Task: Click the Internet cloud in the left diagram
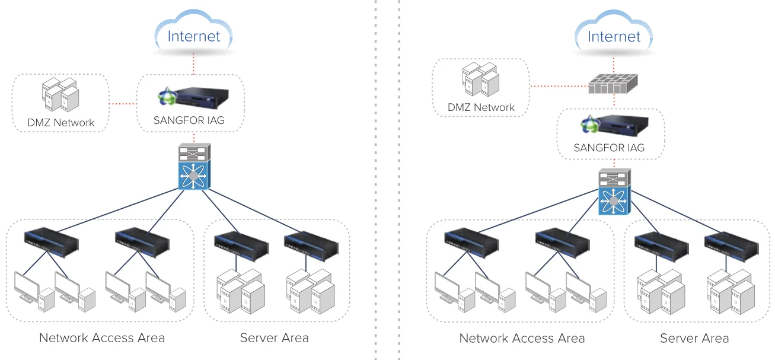click(x=193, y=34)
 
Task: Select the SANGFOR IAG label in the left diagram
click(x=189, y=121)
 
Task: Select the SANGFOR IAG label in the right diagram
click(x=609, y=148)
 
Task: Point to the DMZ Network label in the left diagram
click(x=60, y=123)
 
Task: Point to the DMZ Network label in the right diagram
click(x=481, y=107)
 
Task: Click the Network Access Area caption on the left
click(x=101, y=338)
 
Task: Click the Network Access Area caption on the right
click(x=522, y=339)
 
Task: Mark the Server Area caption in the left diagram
click(x=274, y=338)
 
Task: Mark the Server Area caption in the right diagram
click(x=694, y=339)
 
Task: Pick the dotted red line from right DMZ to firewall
click(x=558, y=86)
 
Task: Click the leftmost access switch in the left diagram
click(x=52, y=240)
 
